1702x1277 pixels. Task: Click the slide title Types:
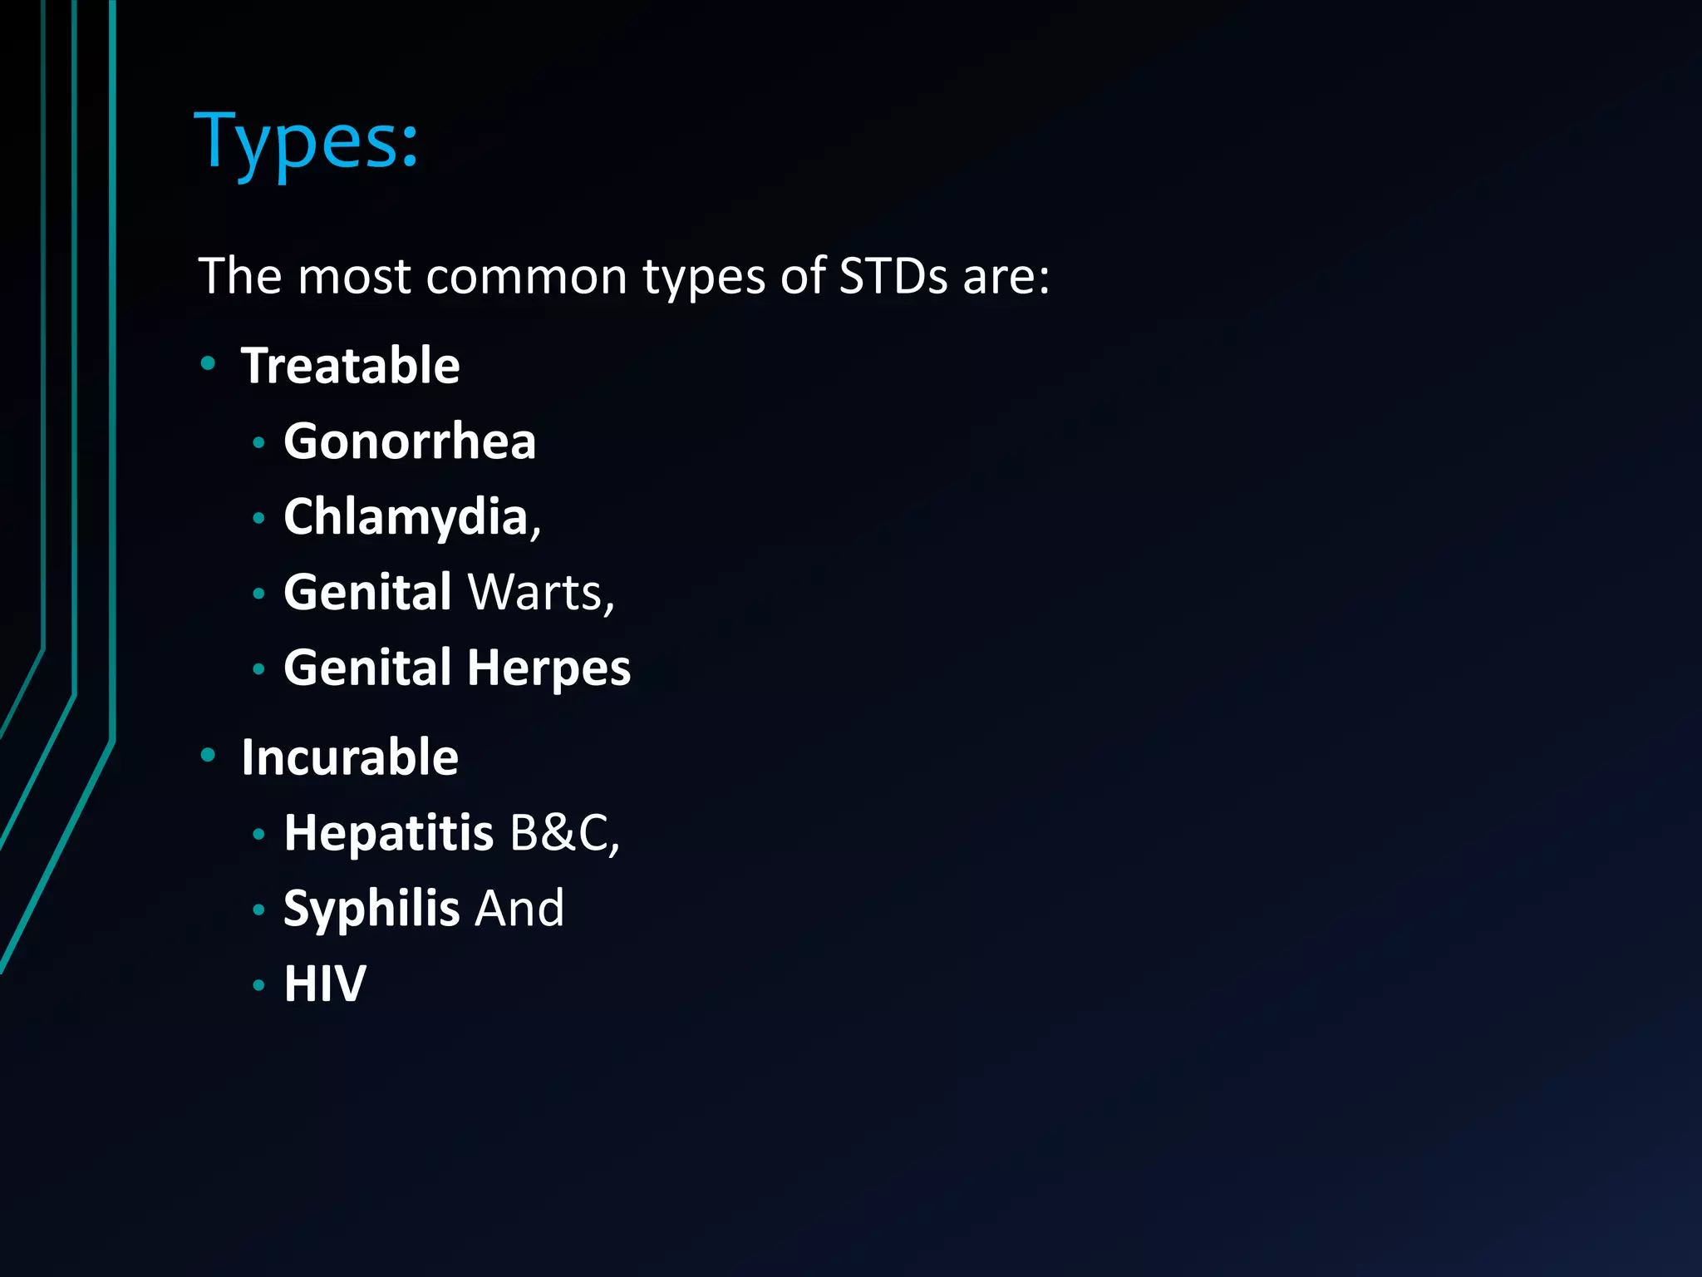(307, 141)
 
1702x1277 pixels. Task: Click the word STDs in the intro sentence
(893, 276)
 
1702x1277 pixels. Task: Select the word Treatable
(350, 366)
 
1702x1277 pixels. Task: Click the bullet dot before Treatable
(208, 363)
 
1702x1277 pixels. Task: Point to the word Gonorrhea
(410, 441)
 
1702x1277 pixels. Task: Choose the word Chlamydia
(406, 516)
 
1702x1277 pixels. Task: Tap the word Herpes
(548, 668)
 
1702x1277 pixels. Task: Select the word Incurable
(349, 757)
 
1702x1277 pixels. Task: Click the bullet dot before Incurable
(208, 755)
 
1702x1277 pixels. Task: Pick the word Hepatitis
(389, 832)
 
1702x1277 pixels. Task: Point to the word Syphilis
(371, 908)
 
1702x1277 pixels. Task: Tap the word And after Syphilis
(519, 908)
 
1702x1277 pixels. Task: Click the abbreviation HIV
(325, 984)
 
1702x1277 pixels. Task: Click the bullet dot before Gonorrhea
(258, 443)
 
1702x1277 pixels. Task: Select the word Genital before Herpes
(367, 668)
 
